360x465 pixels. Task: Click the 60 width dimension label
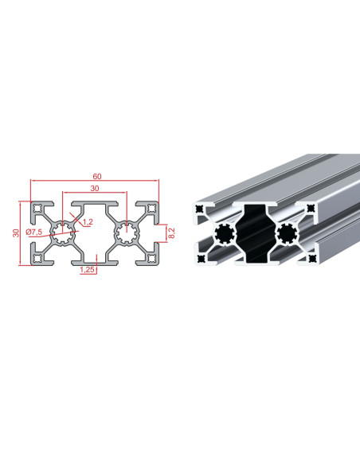coord(97,177)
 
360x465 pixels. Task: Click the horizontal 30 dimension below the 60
coord(95,189)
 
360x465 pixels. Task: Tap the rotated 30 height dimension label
coord(16,233)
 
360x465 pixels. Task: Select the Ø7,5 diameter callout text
coord(33,232)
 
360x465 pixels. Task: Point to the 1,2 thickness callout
coord(88,221)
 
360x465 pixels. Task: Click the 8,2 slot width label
coord(172,233)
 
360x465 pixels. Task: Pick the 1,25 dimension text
coord(87,270)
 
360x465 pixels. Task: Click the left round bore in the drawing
coord(63,233)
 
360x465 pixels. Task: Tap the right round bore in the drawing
coord(127,233)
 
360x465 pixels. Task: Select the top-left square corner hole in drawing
coord(37,209)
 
